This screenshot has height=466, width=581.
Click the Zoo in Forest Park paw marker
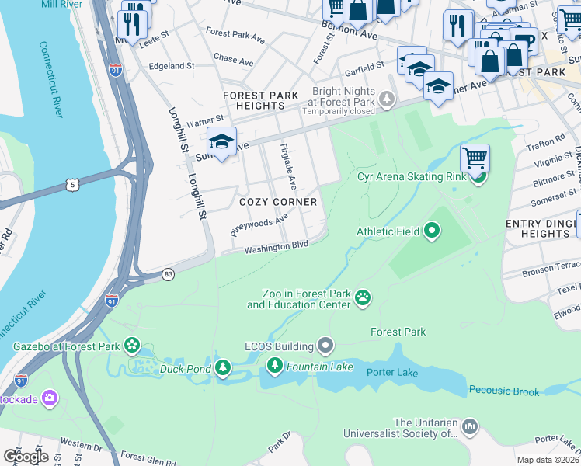(x=363, y=297)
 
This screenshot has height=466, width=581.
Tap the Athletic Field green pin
(x=431, y=231)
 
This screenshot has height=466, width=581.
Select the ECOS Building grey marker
(x=325, y=346)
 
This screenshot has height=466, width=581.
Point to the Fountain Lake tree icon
(x=274, y=365)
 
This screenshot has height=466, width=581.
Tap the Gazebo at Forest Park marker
(x=132, y=344)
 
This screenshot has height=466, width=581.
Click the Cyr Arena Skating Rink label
(x=412, y=176)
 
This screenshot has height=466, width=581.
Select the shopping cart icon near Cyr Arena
(x=475, y=158)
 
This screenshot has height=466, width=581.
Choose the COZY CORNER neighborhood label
(x=278, y=202)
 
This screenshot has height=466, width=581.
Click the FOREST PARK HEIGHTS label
(x=260, y=100)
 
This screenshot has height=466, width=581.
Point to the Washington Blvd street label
(x=277, y=246)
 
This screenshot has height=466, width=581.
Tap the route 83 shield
(x=168, y=274)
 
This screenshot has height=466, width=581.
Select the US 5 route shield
(x=73, y=185)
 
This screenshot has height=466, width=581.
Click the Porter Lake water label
(x=392, y=373)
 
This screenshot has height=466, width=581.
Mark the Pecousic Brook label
(x=504, y=391)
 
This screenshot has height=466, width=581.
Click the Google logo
(x=26, y=456)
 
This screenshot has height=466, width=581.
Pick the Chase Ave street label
(x=233, y=60)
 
